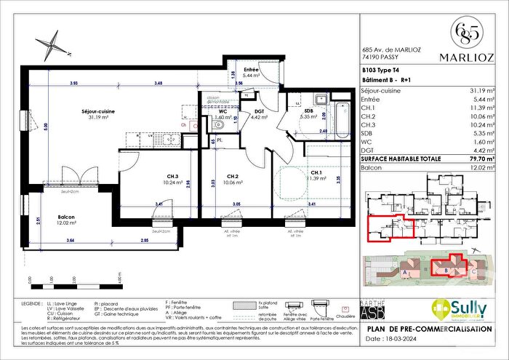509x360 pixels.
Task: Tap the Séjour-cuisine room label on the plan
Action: click(75, 111)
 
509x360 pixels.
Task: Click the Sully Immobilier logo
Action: click(458, 309)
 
